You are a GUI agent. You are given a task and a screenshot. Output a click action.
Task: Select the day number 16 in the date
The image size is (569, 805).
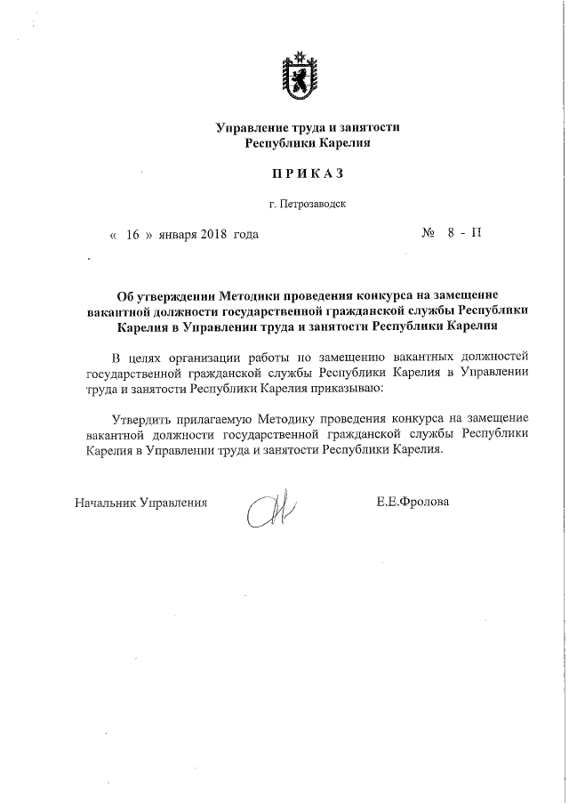pos(134,236)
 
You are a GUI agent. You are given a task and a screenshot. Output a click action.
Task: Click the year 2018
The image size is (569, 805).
pos(214,236)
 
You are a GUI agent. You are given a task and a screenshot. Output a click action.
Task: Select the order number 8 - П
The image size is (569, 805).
pos(464,235)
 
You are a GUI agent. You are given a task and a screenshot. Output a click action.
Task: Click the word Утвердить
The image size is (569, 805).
pos(140,419)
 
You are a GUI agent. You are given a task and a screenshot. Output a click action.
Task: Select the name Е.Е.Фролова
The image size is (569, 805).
pos(413,502)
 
